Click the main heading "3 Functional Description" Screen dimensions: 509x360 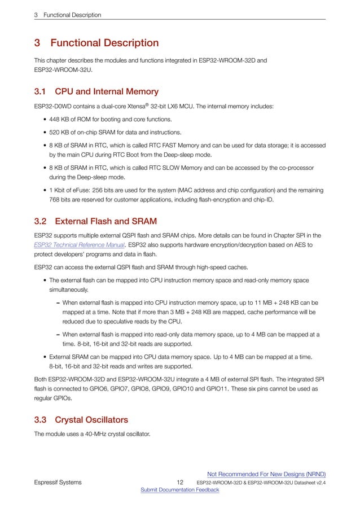coord(96,43)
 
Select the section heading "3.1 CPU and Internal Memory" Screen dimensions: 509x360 coord(96,91)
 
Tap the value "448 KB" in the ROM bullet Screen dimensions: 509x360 coord(61,119)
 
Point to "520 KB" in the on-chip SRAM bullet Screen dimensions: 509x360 coord(61,133)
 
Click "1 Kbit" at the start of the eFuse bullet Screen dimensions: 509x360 coord(59,190)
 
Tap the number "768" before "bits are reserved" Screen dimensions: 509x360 coord(55,199)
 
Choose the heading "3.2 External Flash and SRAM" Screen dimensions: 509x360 coord(95,221)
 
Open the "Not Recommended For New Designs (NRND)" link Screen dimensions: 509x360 coord(266,474)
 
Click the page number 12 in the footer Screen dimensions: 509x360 coord(180,482)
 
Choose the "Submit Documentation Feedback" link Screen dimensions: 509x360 coord(179,490)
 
